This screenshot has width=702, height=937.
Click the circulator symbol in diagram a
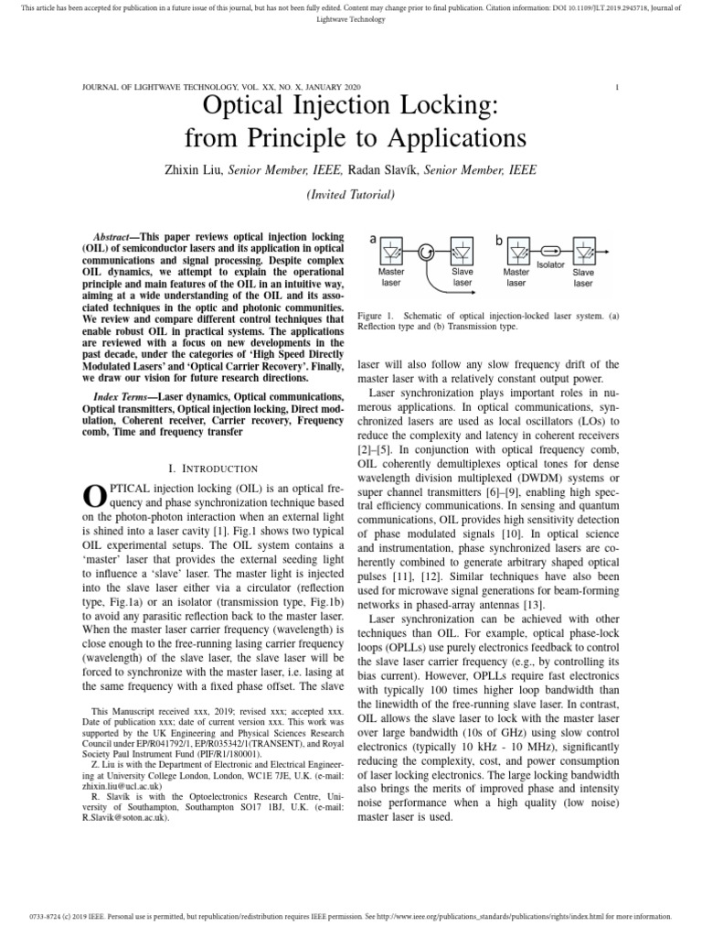[x=427, y=250]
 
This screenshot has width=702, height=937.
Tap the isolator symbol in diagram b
[x=549, y=250]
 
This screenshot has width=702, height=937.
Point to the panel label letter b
[x=499, y=240]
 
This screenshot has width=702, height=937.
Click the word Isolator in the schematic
[x=550, y=264]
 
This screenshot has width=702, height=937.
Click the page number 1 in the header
[x=618, y=87]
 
